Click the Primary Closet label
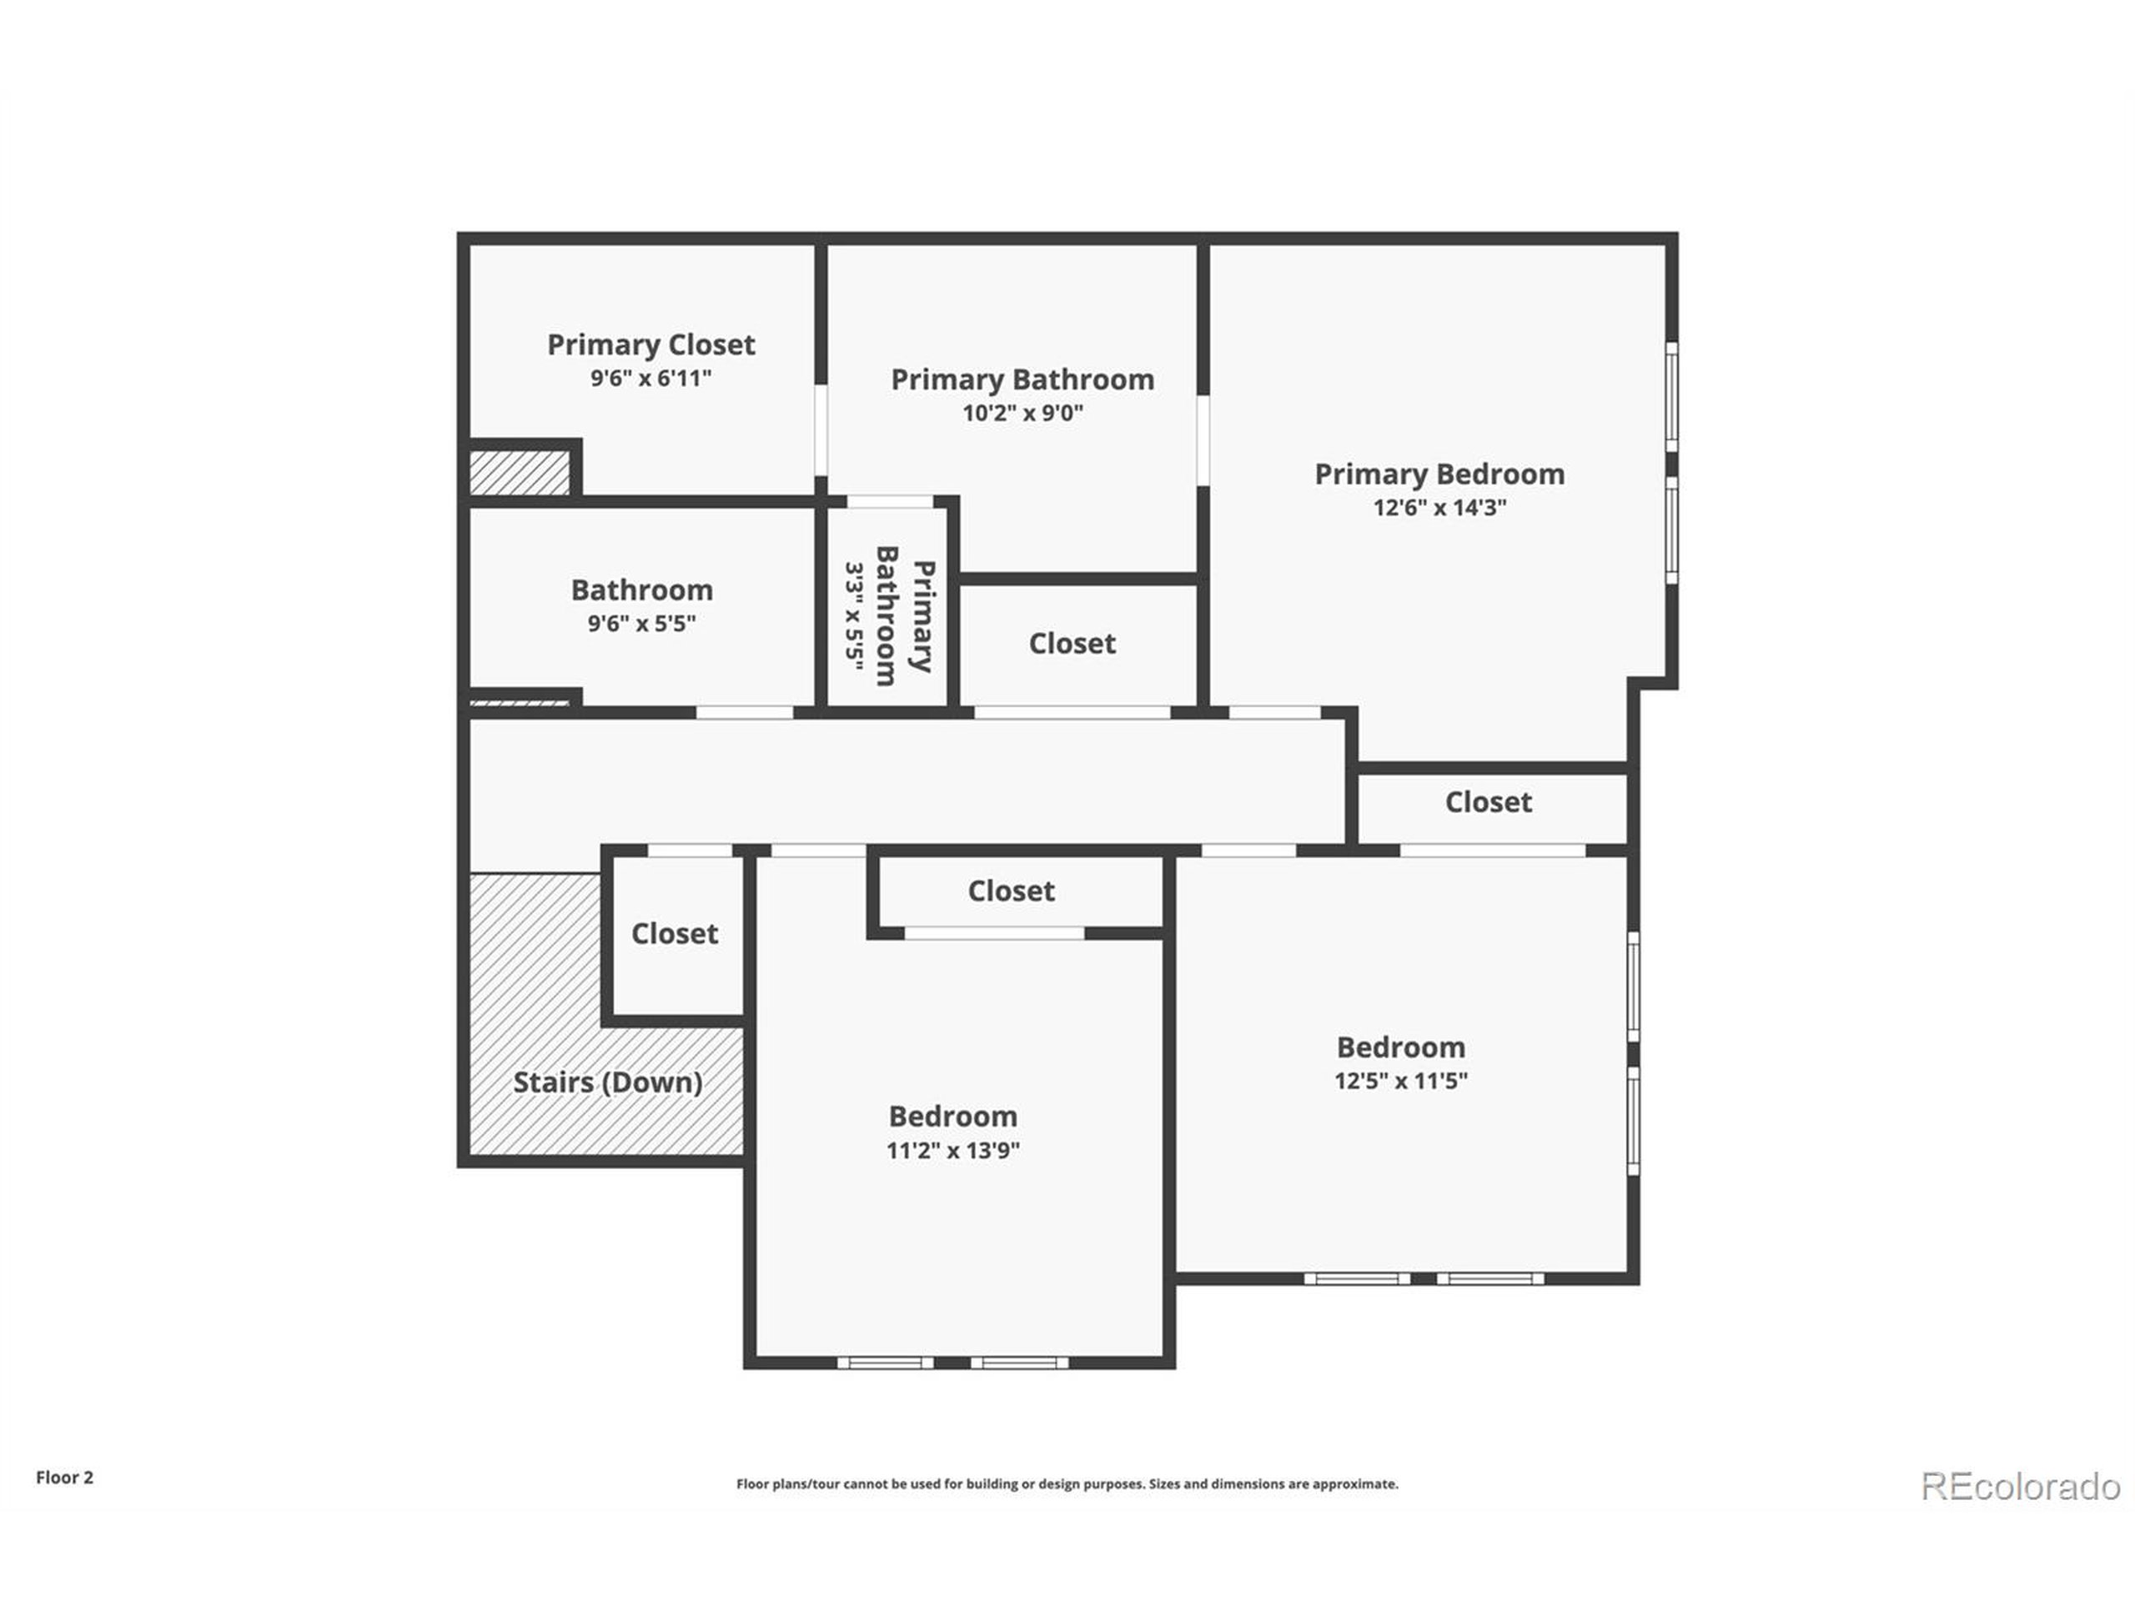coord(651,344)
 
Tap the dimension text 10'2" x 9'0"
coord(1022,413)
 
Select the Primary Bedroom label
coord(1439,474)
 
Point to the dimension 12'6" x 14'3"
coord(1439,508)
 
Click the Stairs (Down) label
coord(607,1082)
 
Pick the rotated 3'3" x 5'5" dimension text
coord(854,612)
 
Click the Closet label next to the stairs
coord(675,933)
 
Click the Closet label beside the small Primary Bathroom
coord(1072,644)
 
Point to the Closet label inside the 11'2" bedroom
coord(1011,891)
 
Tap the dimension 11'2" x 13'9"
coord(952,1151)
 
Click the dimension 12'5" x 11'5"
coord(1400,1081)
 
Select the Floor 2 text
coord(65,1478)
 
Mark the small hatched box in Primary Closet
coord(520,473)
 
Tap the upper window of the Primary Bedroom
coord(1671,396)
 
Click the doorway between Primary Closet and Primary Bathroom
coord(821,430)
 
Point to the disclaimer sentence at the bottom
coord(1067,1484)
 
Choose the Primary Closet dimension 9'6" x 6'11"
coord(651,379)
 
